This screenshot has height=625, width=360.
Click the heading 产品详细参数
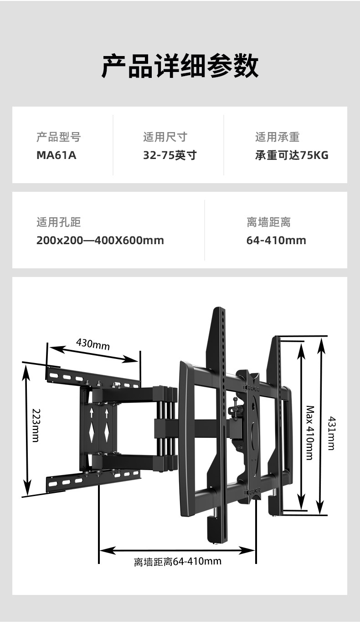180,66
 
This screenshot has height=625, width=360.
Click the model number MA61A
56,155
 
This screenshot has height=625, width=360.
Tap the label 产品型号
58,137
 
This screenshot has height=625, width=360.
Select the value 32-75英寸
170,155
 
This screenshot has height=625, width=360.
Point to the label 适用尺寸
165,137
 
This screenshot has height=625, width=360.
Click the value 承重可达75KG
292,155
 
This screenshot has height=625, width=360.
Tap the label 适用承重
277,137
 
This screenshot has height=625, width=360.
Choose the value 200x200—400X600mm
100,240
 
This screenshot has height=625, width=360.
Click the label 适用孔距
58,222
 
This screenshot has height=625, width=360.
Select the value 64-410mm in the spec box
276,240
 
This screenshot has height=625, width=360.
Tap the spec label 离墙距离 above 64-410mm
268,222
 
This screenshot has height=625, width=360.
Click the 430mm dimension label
93,343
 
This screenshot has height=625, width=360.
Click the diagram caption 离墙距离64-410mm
178,561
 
